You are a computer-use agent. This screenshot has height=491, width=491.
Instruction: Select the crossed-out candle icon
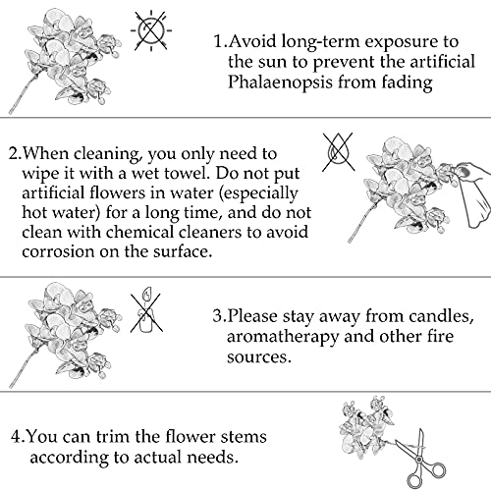146,304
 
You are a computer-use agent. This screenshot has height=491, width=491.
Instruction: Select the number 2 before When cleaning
11,153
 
